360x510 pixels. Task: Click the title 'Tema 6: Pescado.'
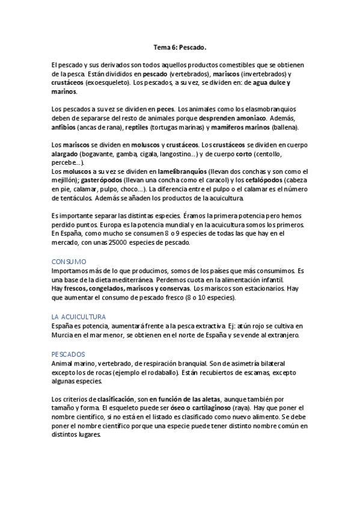point(180,46)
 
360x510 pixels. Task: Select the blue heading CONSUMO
point(69,262)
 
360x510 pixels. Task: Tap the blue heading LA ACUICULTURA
point(79,316)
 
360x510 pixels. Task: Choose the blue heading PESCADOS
point(69,354)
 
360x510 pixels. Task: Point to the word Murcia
point(63,335)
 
